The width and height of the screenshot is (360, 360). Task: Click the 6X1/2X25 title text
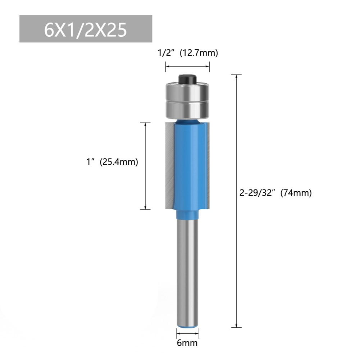(86, 30)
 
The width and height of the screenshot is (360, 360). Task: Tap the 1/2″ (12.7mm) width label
(188, 53)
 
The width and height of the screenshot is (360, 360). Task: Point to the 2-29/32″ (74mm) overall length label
(275, 193)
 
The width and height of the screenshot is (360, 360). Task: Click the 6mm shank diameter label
(187, 343)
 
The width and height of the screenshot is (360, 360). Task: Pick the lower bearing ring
(187, 109)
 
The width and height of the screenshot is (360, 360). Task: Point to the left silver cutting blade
(169, 165)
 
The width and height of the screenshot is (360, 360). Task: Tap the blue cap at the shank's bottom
(187, 326)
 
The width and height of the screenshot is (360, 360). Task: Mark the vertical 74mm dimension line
(236, 201)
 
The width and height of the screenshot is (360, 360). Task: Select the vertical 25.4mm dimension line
(145, 165)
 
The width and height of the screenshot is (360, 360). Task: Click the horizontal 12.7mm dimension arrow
(187, 67)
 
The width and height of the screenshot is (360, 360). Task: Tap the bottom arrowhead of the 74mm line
(236, 327)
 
